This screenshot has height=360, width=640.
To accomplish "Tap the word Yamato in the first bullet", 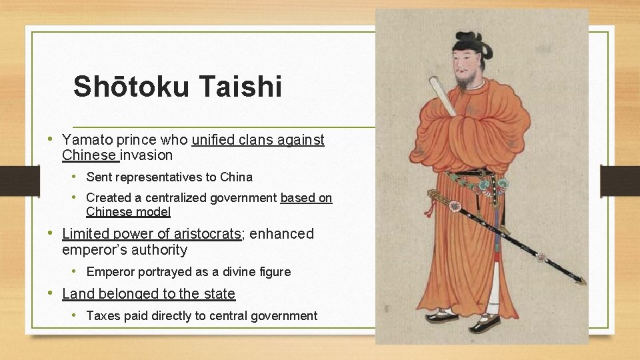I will [85, 140].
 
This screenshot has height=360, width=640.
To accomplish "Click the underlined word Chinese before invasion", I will [89, 155].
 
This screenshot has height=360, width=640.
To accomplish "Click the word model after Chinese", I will [155, 212].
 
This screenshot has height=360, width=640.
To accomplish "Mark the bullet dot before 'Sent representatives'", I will [77, 177].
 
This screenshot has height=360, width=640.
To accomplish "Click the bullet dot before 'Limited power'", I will [52, 234].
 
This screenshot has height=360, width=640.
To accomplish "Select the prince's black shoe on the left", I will [442, 317].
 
